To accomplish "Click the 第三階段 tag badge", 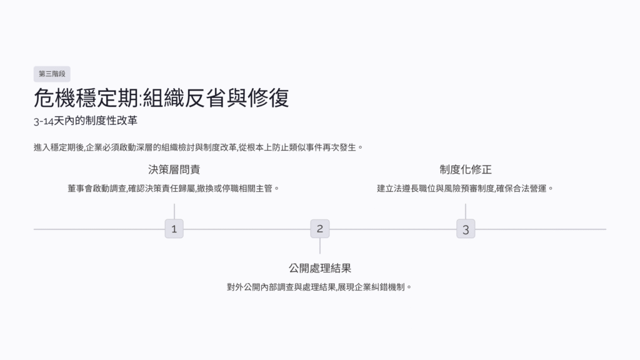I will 52,74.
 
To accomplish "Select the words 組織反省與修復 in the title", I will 216,99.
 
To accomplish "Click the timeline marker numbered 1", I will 174,229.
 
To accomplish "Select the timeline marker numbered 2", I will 319,228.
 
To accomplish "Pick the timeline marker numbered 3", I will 465,229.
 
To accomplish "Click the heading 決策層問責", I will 174,169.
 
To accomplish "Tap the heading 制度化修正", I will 465,169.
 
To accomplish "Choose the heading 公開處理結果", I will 319,268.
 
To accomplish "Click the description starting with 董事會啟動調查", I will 173,187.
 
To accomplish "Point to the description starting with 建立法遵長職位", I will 465,187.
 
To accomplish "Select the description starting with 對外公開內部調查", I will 319,287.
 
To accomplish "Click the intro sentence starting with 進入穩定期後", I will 199,147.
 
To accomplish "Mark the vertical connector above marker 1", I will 174,211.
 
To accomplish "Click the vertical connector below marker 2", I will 319,246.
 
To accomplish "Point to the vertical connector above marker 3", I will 465,211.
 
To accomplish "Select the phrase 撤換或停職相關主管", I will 237,187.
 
